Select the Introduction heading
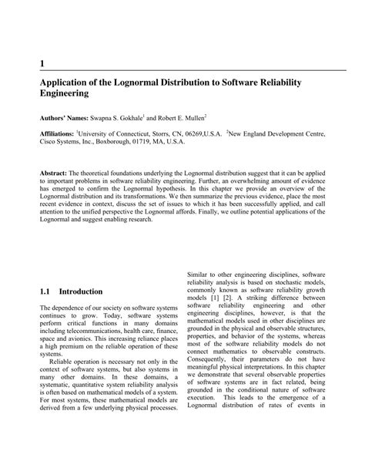click(x=81, y=292)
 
